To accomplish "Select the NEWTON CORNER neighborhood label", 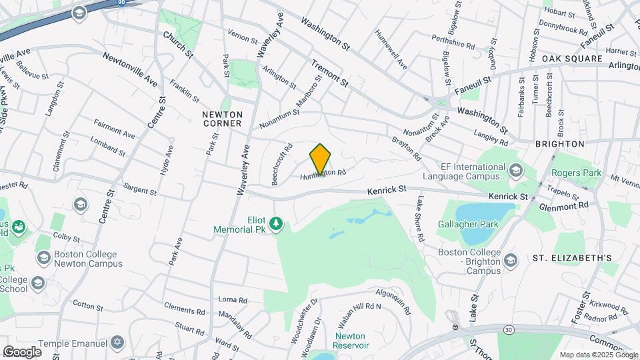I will (222, 119).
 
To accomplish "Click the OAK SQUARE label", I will (572, 59).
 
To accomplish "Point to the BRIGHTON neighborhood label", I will (559, 143).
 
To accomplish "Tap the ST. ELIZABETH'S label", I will (572, 257).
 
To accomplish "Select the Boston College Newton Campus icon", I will (44, 257).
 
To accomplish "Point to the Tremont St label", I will (329, 73).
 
